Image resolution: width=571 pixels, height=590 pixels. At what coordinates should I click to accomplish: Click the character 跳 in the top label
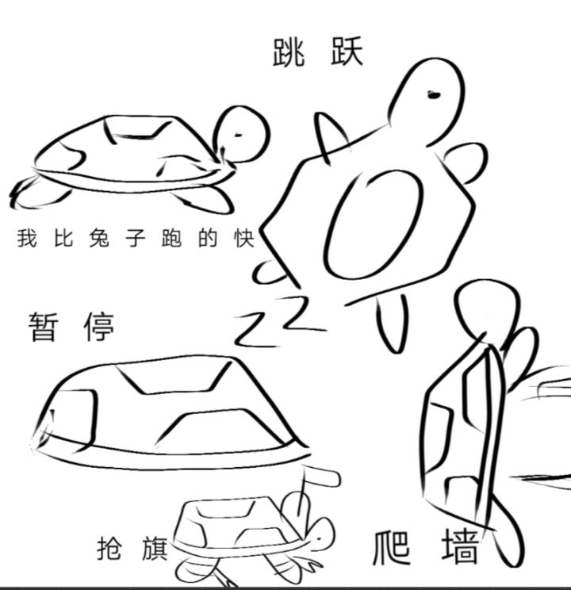289,52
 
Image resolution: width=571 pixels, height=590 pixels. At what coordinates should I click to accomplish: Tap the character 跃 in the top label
347,52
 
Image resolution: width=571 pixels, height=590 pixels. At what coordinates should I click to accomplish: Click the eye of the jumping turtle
434,95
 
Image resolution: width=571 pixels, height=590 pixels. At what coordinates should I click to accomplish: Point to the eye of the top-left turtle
238,135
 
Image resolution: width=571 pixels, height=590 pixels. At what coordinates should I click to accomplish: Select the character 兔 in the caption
99,238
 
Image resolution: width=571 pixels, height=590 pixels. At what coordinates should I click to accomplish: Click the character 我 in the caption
27,238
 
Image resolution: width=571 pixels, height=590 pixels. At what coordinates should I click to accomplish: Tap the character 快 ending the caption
244,238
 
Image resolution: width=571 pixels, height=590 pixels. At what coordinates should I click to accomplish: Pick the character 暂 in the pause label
44,326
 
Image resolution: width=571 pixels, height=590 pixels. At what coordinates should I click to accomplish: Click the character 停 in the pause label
98,326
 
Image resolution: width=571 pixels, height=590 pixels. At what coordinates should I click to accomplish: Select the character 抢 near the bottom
109,548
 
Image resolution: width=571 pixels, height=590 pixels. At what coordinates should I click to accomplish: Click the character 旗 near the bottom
155,548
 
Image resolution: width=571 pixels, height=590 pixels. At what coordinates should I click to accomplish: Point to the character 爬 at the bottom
392,547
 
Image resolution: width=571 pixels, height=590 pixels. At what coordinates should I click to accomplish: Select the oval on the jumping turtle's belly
374,224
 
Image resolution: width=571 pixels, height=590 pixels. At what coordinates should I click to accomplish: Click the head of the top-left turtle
242,134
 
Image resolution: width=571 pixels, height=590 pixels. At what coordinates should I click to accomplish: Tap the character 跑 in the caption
171,238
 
